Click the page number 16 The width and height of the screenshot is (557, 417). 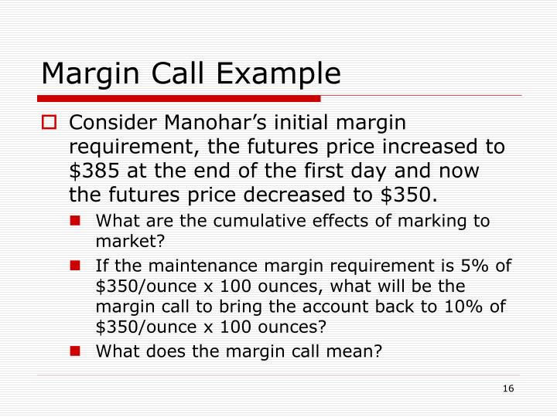coord(508,388)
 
